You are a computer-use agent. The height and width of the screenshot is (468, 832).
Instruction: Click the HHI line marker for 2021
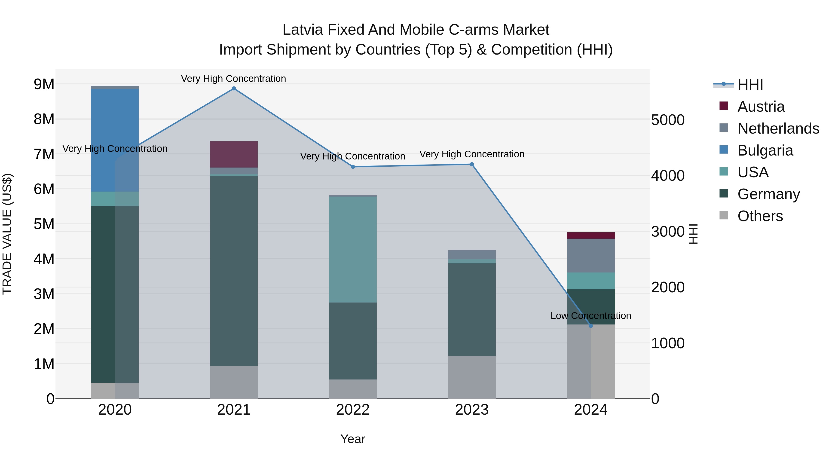point(234,89)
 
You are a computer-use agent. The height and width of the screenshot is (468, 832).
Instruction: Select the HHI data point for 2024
point(591,326)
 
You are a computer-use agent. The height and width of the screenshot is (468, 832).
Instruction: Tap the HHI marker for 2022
point(353,167)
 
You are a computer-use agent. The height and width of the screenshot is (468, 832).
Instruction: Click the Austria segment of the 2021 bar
point(234,154)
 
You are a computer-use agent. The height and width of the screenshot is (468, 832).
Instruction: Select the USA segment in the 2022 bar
point(353,250)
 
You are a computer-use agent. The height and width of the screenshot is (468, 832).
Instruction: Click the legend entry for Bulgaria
point(765,150)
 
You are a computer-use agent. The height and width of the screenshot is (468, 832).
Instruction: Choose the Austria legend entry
point(761,107)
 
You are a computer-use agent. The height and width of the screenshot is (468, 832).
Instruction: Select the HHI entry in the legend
point(750,85)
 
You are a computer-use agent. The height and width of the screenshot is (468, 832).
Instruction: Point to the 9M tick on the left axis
point(44,84)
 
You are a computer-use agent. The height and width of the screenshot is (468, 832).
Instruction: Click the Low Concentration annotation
point(591,315)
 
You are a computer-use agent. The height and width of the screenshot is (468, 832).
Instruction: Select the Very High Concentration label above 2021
point(233,79)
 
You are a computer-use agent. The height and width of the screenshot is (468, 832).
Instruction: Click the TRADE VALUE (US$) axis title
point(7,234)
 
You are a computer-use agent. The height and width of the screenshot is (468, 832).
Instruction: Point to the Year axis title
point(353,439)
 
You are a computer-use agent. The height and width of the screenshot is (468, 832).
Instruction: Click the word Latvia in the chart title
point(303,30)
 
